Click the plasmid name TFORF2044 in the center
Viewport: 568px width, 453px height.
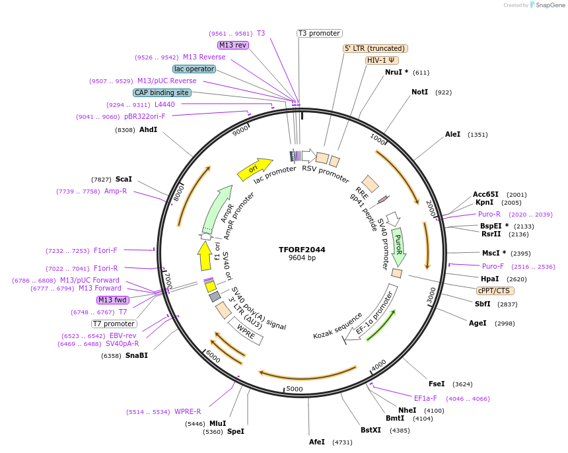click(302, 250)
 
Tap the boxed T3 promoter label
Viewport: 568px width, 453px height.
click(319, 34)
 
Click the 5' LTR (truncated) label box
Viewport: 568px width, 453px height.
click(375, 48)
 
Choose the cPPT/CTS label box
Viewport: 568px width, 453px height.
click(495, 291)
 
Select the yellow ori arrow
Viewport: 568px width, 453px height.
click(255, 168)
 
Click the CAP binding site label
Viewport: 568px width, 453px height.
click(162, 92)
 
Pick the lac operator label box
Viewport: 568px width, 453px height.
click(194, 69)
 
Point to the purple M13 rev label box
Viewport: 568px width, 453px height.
click(233, 45)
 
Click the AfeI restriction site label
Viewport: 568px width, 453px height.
click(317, 442)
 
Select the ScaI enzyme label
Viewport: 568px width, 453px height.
click(124, 179)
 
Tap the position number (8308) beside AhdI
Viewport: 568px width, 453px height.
click(125, 130)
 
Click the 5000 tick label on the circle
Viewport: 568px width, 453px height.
click(294, 388)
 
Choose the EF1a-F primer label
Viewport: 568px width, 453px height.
click(425, 398)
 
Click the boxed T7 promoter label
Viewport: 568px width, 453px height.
click(114, 324)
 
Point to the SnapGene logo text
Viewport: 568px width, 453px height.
click(549, 5)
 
